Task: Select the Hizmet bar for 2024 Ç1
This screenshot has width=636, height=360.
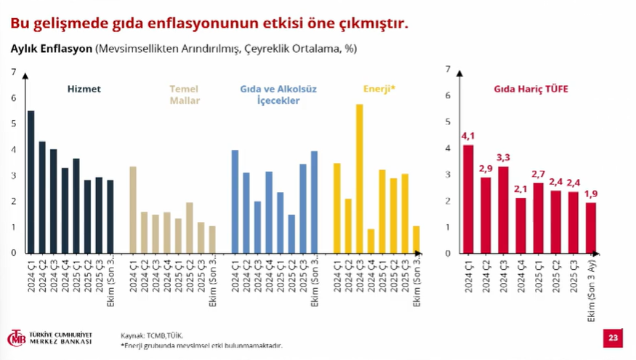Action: [31, 182]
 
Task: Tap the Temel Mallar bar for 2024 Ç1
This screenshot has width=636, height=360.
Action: [133, 210]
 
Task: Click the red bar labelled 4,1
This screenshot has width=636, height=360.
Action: [468, 199]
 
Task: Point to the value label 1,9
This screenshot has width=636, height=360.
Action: [591, 193]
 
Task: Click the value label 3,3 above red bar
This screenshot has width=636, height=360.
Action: [503, 158]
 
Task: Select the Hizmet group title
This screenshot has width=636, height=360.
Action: [84, 89]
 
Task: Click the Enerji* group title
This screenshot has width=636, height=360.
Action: [379, 89]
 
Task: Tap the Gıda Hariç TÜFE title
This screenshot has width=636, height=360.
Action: [531, 89]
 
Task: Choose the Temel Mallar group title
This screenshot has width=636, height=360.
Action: [184, 95]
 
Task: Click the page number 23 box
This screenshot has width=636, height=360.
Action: [613, 338]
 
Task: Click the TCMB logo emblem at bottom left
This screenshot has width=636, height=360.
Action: [16, 338]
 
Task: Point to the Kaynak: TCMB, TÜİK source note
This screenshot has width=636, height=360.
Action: [152, 336]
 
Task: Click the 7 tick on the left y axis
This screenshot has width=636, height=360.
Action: [13, 71]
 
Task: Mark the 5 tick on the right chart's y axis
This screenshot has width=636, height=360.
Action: [448, 122]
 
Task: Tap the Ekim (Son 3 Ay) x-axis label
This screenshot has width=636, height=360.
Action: [591, 294]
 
